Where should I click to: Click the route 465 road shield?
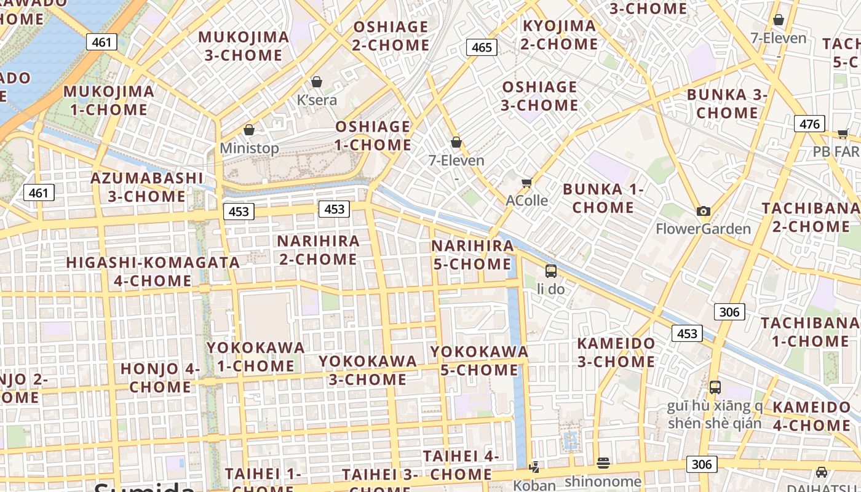point(481,47)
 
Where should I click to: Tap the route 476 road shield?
point(809,124)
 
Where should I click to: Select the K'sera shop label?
point(317,100)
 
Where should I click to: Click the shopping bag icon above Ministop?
point(249,130)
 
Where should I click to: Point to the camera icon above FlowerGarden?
point(704,211)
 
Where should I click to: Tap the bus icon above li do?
point(551,271)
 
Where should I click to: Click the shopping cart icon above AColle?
point(526,183)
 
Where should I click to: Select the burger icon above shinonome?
point(603,462)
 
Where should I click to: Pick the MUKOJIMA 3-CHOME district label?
point(244,46)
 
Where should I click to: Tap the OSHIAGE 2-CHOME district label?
point(391,36)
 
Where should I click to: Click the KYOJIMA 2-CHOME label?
point(559,35)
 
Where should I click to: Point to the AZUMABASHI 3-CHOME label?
point(146,187)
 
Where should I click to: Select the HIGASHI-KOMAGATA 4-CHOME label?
point(153,271)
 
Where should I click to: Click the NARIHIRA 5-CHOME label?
point(472,255)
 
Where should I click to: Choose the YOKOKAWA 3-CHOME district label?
point(368,370)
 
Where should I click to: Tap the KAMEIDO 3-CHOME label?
point(616,352)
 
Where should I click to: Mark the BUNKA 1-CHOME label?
point(603,198)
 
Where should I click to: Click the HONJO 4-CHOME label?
point(160,378)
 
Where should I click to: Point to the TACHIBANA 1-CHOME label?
point(810,331)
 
